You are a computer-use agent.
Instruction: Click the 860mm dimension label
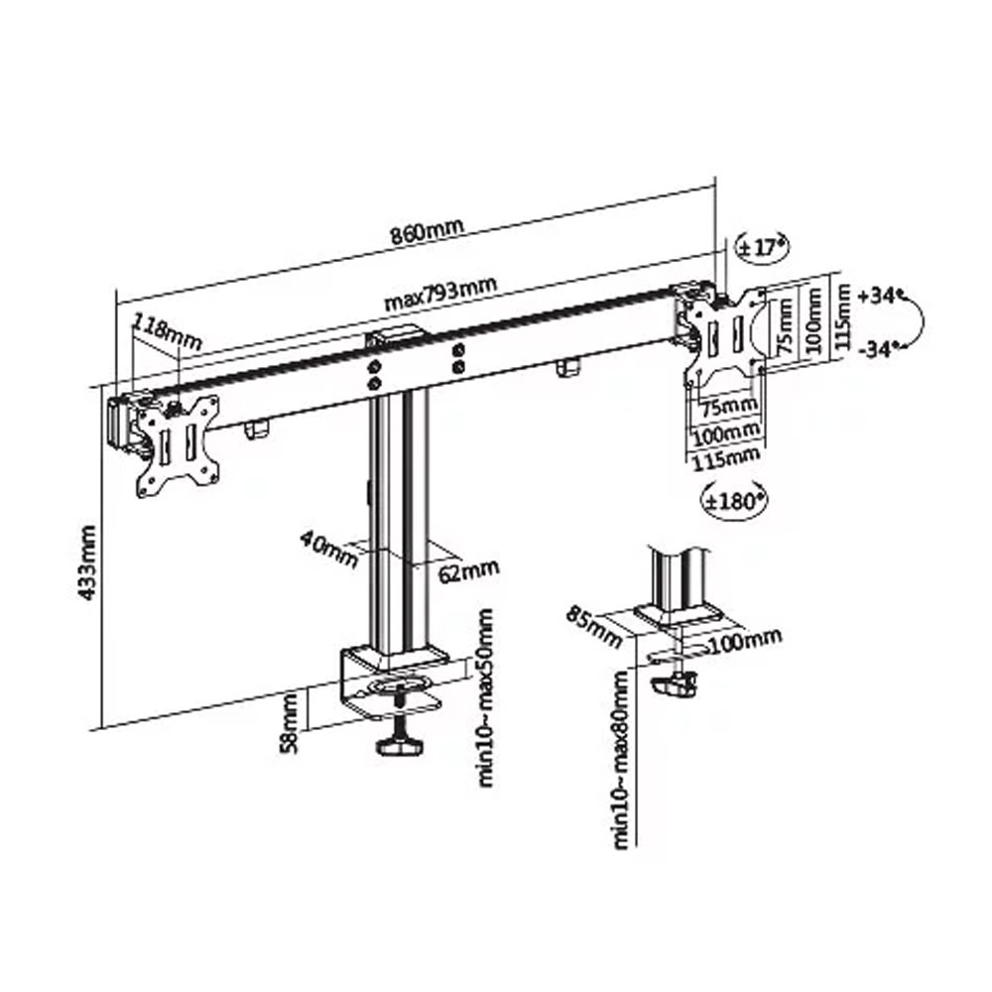click(427, 231)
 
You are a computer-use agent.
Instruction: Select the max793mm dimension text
click(441, 294)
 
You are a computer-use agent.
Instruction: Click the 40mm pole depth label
click(329, 549)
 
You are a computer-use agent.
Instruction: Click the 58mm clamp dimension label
click(288, 722)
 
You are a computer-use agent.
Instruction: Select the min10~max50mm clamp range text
click(486, 697)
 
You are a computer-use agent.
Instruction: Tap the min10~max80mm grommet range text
click(621, 759)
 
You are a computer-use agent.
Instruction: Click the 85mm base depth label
click(594, 626)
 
